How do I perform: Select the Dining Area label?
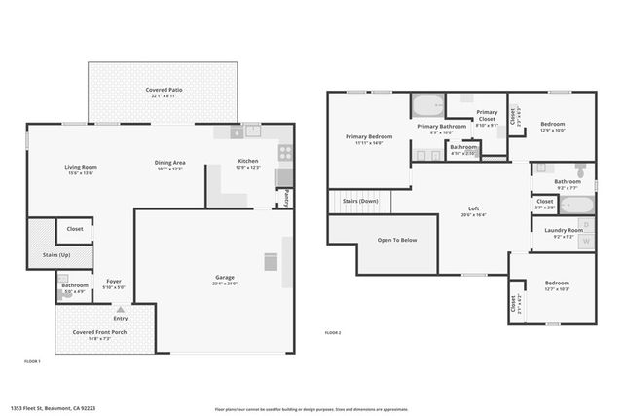169,162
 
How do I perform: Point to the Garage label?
225,277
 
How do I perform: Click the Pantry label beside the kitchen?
287,196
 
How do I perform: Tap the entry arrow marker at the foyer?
121,310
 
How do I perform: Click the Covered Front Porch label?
101,332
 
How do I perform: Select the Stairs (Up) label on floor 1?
58,254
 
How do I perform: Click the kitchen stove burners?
286,151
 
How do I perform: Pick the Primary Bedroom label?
369,136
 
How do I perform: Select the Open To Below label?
397,240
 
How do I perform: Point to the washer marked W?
584,240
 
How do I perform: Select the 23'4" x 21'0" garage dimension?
225,284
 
